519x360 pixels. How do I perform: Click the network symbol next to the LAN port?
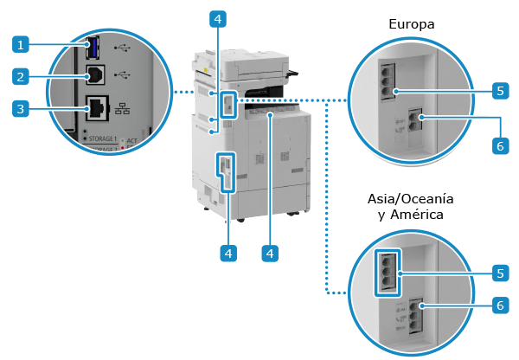122,110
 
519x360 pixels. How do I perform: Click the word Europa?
411,25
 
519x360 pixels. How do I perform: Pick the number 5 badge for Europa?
499,90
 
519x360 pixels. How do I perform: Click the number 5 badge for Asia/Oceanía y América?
499,273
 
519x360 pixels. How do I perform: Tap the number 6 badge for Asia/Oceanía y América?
499,305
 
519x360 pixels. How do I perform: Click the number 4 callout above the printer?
220,17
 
